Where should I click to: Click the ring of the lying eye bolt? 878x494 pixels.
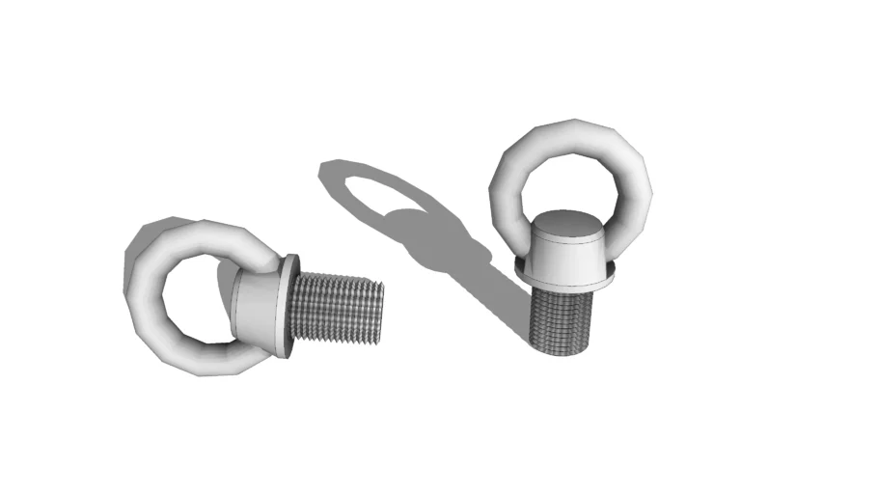coord(145,289)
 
